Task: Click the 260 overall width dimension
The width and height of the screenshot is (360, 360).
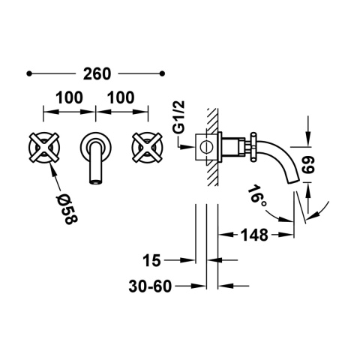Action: tap(96, 73)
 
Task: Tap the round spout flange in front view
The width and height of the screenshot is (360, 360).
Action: tap(94, 142)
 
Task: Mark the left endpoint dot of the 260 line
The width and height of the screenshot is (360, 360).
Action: tap(28, 73)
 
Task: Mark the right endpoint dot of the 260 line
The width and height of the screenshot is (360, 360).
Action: tap(163, 73)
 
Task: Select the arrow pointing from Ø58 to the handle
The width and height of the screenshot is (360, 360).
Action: tap(54, 174)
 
